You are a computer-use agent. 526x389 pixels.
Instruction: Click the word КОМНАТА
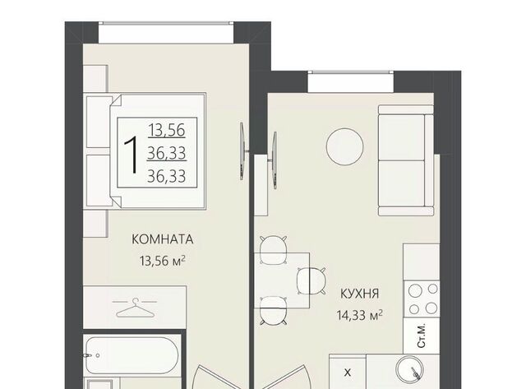click(x=163, y=239)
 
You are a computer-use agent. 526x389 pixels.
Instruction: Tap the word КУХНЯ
click(x=359, y=294)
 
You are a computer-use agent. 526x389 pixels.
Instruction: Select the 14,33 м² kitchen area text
click(x=360, y=315)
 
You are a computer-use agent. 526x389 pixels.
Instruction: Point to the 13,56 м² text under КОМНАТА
click(x=163, y=261)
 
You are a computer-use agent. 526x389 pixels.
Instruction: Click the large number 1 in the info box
click(x=131, y=155)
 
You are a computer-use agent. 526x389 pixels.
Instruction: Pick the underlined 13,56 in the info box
click(x=167, y=130)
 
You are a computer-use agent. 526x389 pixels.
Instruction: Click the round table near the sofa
click(x=344, y=146)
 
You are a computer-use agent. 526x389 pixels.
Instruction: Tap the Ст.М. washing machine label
click(x=421, y=336)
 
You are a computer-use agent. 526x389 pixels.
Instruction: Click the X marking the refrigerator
click(x=348, y=373)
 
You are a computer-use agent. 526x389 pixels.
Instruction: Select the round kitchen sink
click(x=409, y=370)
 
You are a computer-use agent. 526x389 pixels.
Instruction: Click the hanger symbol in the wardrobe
click(x=135, y=308)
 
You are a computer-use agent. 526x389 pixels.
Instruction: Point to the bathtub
click(x=131, y=355)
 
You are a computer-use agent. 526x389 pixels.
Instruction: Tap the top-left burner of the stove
click(x=415, y=290)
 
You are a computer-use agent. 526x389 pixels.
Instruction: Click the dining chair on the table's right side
click(x=311, y=281)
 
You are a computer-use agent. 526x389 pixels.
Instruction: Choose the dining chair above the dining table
click(x=274, y=249)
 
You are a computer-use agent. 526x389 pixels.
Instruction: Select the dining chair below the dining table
click(x=274, y=311)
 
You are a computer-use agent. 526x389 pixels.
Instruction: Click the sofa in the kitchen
click(x=406, y=160)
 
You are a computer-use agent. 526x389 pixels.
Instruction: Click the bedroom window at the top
click(x=166, y=32)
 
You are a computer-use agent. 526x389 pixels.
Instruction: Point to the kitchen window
click(x=351, y=81)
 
